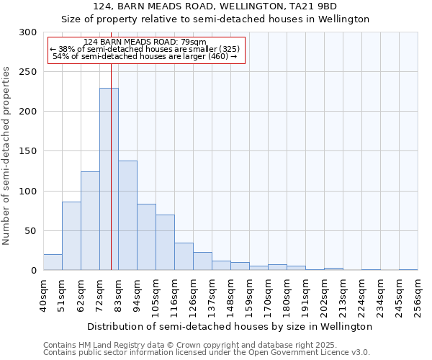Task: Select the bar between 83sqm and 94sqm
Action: tap(127, 216)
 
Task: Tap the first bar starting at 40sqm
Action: tap(53, 263)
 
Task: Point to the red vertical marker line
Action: tap(111, 144)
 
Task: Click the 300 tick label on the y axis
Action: tap(28, 32)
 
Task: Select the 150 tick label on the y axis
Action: tap(28, 151)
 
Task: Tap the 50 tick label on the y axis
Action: tap(31, 231)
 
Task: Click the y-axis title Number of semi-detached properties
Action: tap(7, 156)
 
